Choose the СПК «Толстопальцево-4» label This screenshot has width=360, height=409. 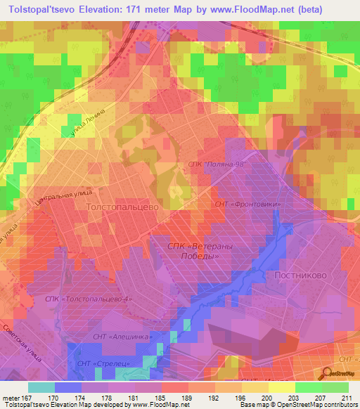[x=89, y=300]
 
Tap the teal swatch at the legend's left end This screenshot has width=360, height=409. [x=41, y=387]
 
